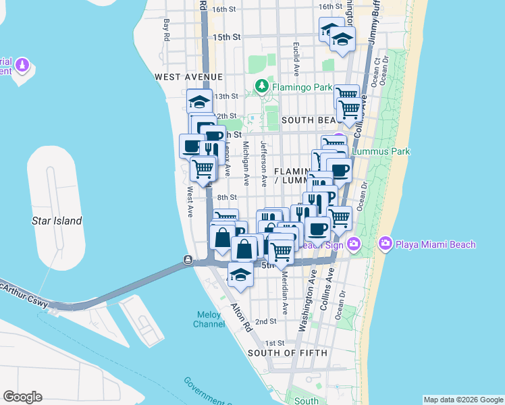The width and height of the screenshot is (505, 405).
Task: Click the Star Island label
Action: tap(57, 221)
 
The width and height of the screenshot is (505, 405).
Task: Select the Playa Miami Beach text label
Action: tap(435, 244)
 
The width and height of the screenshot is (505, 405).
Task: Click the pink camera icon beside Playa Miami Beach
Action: tap(386, 244)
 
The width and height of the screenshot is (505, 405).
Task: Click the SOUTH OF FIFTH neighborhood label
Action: tap(288, 353)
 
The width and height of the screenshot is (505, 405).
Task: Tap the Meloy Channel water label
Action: tap(210, 319)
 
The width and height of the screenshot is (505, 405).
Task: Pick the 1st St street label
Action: tap(274, 344)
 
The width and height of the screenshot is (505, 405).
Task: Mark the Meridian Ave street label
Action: tap(285, 293)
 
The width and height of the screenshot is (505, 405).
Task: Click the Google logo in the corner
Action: tap(22, 397)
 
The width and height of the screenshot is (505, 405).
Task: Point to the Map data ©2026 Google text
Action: tap(462, 400)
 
